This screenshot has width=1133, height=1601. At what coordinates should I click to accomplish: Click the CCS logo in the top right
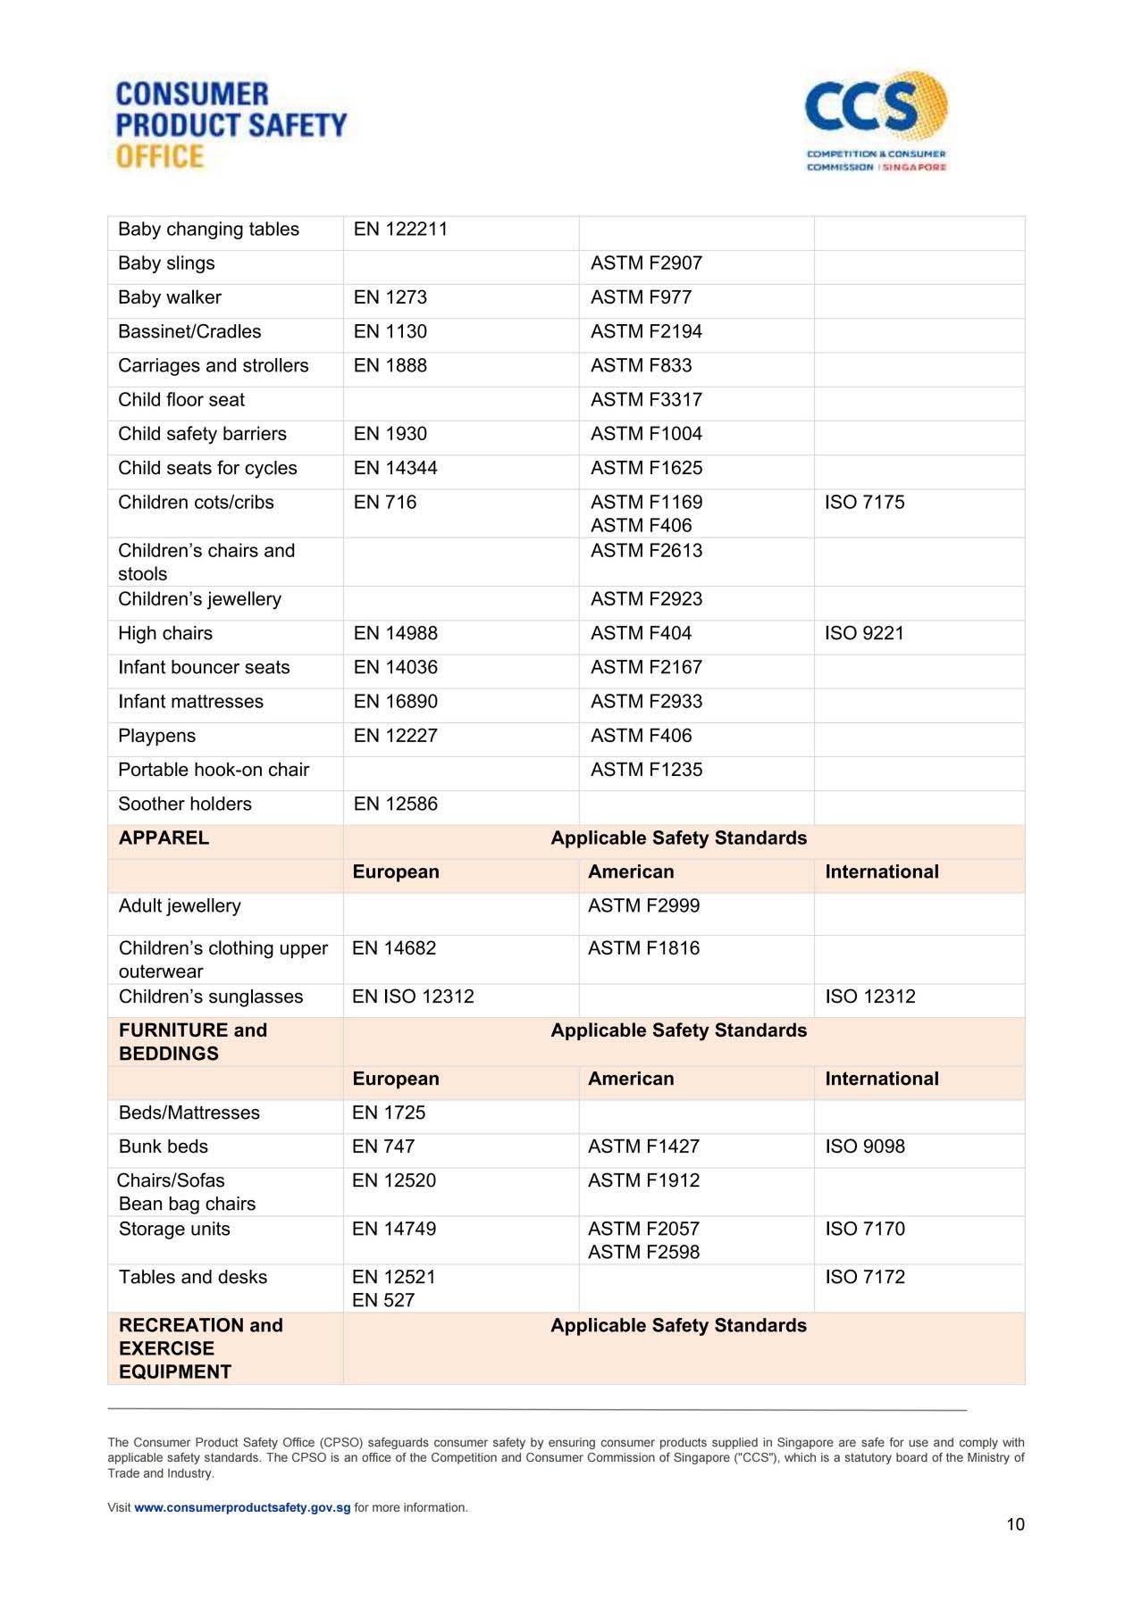pos(876,121)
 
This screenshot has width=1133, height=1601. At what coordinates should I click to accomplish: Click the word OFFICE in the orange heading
pos(160,156)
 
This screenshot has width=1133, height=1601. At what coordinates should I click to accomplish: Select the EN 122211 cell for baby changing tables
pos(400,229)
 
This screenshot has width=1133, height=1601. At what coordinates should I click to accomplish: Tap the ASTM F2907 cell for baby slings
pos(646,263)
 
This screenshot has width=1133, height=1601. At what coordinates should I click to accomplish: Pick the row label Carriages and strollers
pos(214,366)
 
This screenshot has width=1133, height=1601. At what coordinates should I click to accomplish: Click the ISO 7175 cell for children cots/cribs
pos(864,503)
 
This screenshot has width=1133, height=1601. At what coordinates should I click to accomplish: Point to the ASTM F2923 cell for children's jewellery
pos(646,599)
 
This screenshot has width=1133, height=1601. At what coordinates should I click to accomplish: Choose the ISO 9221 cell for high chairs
pos(864,634)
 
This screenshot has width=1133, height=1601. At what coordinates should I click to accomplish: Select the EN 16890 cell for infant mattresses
pos(396,702)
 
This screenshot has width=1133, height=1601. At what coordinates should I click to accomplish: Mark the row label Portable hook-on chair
pos(214,770)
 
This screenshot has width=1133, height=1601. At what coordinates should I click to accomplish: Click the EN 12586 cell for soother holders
pos(396,804)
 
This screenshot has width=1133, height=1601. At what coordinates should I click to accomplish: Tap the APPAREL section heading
pos(164,838)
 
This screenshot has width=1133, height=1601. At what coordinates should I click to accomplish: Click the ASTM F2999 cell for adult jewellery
pos(643,905)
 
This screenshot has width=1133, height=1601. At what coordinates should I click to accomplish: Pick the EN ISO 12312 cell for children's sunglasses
pos(413,996)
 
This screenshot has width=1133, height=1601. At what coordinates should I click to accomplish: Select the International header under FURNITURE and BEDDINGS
pos(881,1079)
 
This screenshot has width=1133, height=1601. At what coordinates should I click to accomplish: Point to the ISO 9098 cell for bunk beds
pos(864,1147)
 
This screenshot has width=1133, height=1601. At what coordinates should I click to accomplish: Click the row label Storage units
pos(174,1229)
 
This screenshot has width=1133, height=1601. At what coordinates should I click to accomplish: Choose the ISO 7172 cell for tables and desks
pos(864,1277)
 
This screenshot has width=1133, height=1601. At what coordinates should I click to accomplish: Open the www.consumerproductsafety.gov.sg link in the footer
pos(242,1507)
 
